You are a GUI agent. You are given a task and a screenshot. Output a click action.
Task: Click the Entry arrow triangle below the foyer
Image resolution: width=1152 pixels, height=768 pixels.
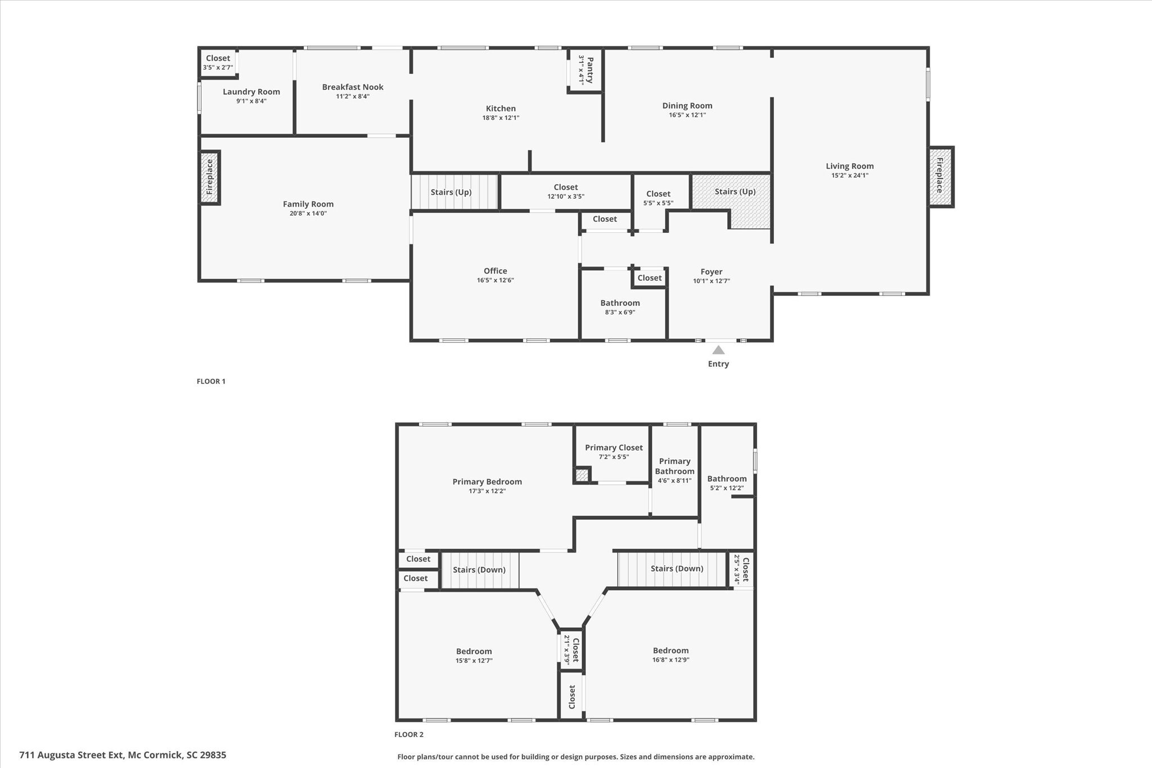click(718, 350)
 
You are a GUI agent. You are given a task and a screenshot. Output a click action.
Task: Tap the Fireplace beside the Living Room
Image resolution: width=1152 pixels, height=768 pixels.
click(941, 177)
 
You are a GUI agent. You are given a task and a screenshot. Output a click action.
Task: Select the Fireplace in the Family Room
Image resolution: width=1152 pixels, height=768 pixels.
click(210, 177)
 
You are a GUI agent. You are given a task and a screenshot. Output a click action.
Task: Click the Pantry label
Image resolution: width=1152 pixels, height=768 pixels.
click(589, 70)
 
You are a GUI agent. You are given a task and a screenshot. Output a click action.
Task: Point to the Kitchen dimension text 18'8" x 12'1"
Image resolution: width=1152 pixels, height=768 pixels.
click(501, 118)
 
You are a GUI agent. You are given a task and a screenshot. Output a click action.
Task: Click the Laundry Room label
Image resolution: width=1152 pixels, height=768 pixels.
click(251, 92)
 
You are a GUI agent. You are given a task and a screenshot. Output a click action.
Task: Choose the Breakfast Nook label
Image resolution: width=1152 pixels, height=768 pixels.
click(353, 87)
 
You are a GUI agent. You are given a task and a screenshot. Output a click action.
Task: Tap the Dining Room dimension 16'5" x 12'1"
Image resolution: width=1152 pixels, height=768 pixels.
click(687, 115)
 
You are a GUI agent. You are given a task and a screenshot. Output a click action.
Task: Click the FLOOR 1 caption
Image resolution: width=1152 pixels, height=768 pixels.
click(211, 381)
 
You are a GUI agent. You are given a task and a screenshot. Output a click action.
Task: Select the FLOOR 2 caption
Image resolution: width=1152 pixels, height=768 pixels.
click(409, 734)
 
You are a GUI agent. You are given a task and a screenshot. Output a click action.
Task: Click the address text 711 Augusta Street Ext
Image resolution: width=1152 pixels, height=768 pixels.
click(71, 755)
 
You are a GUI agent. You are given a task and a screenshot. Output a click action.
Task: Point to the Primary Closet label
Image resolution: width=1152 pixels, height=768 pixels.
click(614, 447)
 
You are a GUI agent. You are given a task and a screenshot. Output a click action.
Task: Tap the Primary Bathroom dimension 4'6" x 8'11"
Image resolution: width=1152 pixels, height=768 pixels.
click(674, 481)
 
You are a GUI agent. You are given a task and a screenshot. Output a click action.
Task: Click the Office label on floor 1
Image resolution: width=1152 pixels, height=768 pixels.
click(496, 271)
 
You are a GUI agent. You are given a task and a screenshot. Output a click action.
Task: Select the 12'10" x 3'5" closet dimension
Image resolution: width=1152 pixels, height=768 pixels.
click(566, 196)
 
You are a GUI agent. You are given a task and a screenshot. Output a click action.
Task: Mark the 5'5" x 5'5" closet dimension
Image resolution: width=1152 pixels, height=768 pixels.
click(659, 203)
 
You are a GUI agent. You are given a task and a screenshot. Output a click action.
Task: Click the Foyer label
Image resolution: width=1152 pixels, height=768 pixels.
click(712, 272)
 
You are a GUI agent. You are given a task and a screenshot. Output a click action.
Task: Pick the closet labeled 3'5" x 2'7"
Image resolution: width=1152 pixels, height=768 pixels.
click(218, 62)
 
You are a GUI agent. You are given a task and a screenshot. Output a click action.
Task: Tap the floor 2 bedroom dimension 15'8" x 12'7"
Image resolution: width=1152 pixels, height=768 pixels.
click(474, 661)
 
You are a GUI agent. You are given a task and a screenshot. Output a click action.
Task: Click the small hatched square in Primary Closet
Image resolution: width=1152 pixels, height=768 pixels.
click(582, 475)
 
